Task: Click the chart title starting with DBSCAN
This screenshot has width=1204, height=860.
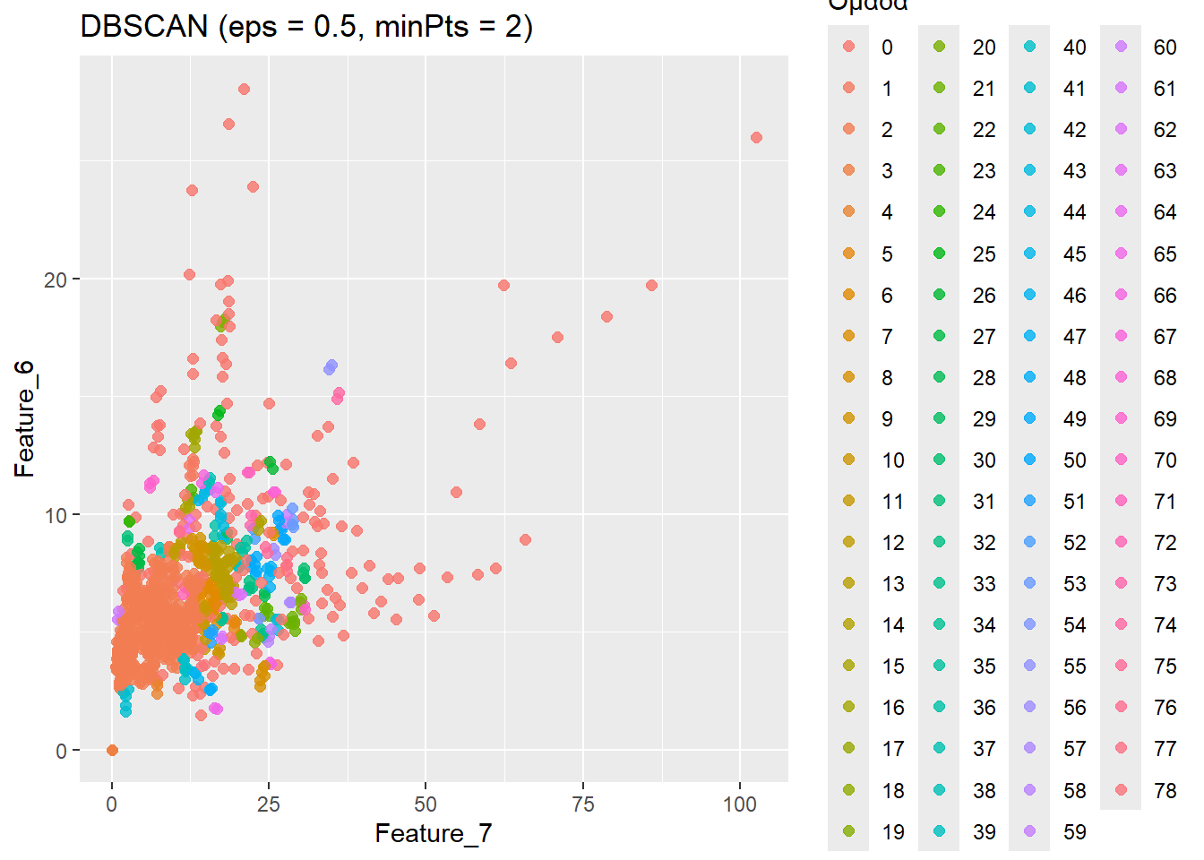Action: click(x=306, y=27)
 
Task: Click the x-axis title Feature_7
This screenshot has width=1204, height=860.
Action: click(x=434, y=833)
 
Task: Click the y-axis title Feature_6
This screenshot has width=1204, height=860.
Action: click(x=24, y=418)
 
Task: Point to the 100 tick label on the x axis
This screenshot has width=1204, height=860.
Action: click(x=740, y=804)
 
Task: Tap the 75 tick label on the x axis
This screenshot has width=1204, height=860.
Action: click(x=583, y=804)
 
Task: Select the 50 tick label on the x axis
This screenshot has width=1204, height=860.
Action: click(x=426, y=804)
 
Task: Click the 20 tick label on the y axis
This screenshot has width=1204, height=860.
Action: click(x=56, y=279)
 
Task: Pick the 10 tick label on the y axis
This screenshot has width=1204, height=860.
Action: click(x=56, y=515)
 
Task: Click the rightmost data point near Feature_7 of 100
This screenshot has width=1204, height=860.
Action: click(x=756, y=138)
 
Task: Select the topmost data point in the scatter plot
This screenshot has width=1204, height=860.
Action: click(x=244, y=90)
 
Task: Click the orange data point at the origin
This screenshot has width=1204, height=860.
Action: click(x=112, y=750)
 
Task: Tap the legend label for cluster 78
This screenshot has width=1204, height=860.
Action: click(x=1165, y=790)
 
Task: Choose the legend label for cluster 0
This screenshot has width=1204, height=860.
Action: click(x=887, y=47)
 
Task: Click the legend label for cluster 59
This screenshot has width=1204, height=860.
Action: click(x=1075, y=832)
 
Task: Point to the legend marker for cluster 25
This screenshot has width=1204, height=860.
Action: click(x=939, y=254)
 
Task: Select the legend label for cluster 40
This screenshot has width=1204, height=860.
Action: click(x=1075, y=47)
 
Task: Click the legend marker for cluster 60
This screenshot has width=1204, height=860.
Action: click(x=1121, y=47)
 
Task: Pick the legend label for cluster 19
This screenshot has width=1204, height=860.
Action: click(x=893, y=832)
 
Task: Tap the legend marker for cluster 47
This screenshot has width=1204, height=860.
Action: click(x=1029, y=336)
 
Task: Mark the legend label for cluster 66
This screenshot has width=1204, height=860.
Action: click(x=1165, y=296)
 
